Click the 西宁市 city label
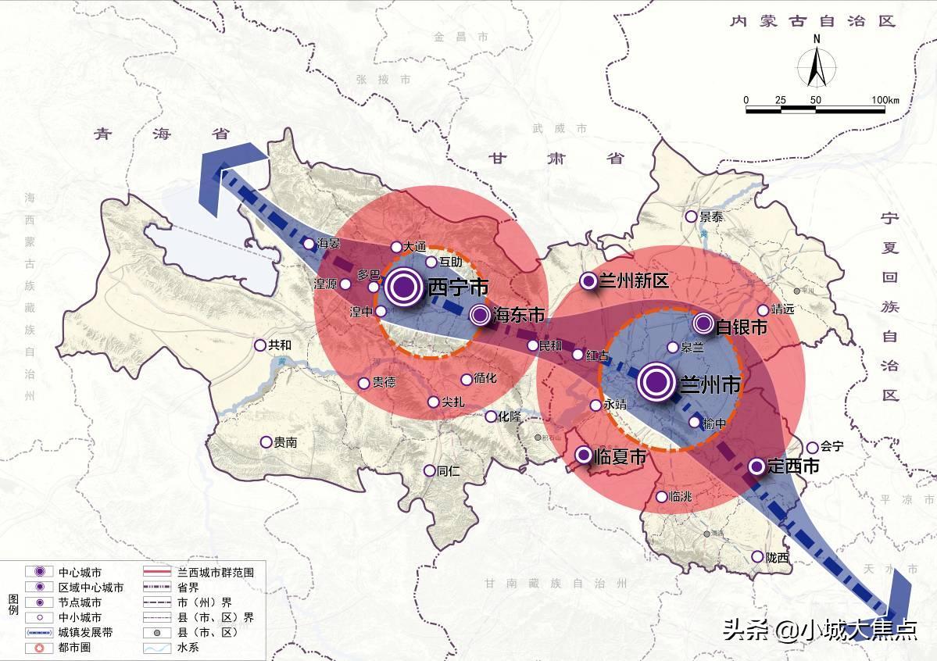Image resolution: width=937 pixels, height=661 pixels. (458, 288)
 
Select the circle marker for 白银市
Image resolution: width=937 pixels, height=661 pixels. (703, 323)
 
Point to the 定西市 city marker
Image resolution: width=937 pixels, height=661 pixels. (756, 466)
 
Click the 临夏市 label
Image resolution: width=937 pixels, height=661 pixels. (620, 456)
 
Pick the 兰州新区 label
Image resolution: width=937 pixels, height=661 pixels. (633, 281)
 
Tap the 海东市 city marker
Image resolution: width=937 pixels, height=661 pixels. (480, 315)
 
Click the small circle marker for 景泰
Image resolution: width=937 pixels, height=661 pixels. (691, 216)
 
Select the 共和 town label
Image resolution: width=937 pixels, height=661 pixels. (280, 345)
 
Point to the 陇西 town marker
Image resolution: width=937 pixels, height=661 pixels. (756, 557)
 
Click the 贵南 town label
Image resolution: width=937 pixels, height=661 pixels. (285, 442)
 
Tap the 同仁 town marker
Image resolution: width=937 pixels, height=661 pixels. (429, 470)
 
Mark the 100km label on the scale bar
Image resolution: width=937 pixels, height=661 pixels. (885, 100)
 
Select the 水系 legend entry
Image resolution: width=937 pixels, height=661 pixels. (188, 648)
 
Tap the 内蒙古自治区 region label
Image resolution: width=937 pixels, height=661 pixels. (811, 21)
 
